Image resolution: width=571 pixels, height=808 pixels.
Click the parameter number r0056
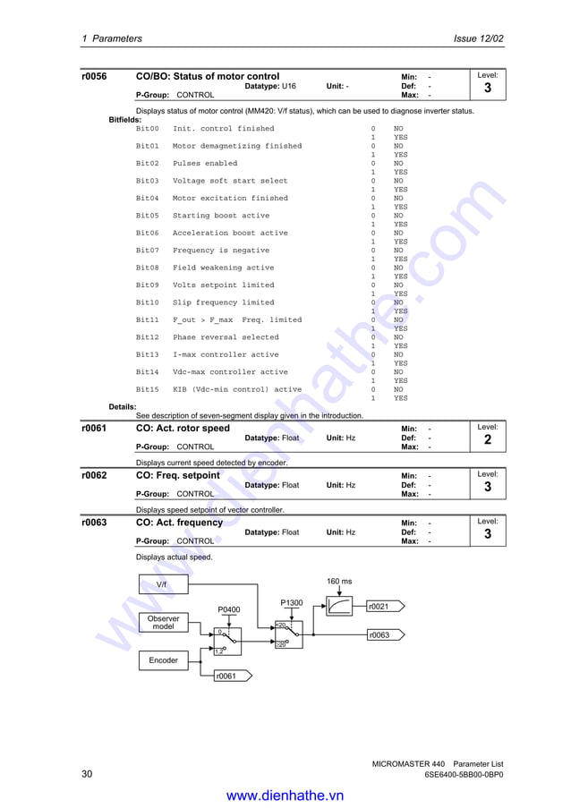(94, 77)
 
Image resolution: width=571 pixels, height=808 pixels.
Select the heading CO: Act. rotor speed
(183, 429)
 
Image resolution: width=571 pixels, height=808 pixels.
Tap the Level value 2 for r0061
(487, 440)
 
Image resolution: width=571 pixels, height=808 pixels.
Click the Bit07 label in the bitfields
(147, 251)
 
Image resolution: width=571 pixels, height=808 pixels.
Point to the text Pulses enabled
(205, 164)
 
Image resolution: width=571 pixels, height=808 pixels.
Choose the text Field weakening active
(223, 268)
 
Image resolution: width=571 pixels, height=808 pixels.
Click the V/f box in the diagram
(162, 584)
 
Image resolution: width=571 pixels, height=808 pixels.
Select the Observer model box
(163, 623)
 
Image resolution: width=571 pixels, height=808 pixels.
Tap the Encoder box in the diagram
(163, 660)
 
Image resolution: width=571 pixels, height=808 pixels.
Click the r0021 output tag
(381, 607)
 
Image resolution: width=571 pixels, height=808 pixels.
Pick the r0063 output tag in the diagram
(381, 635)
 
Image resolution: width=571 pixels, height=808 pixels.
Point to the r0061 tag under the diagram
(227, 676)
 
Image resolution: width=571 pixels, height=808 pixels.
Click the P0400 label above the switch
(229, 609)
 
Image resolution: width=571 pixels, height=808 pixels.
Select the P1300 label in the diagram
(292, 603)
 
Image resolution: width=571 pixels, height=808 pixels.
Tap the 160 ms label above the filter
(339, 581)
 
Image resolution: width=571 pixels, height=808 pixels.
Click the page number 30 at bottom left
(87, 774)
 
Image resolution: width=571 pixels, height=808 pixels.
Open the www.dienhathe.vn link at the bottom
(285, 795)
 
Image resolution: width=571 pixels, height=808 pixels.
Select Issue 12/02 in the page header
(479, 38)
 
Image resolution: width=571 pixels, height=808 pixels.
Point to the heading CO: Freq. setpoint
(177, 475)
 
